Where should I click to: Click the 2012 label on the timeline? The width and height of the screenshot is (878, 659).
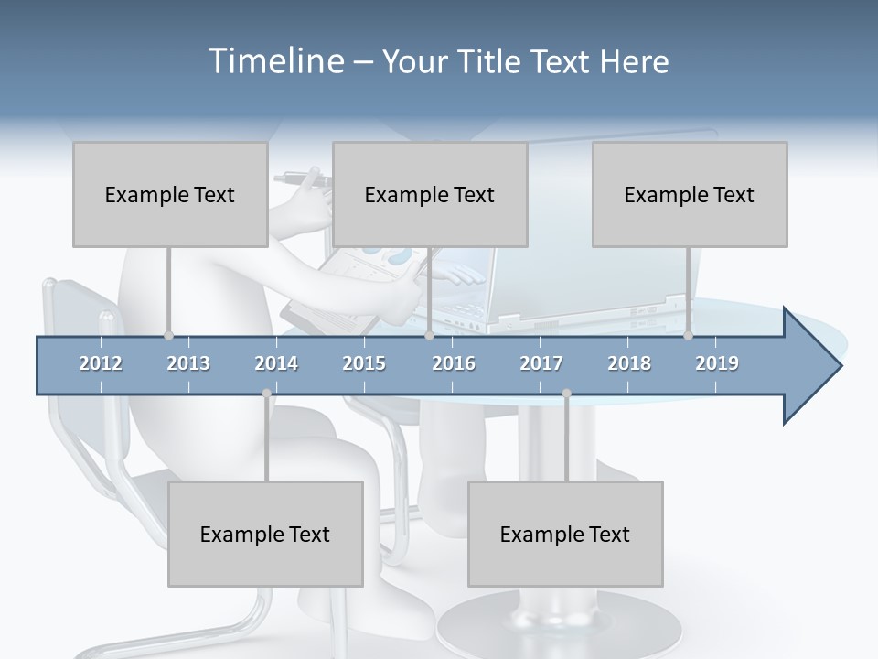pyautogui.click(x=101, y=363)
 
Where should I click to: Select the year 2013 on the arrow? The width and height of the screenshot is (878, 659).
pyautogui.click(x=188, y=363)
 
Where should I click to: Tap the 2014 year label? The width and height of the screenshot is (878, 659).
pyautogui.click(x=276, y=363)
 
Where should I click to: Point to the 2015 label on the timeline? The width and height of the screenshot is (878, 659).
pyautogui.click(x=364, y=363)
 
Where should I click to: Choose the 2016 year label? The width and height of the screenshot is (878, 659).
pyautogui.click(x=454, y=363)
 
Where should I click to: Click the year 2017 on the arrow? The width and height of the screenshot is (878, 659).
pyautogui.click(x=541, y=363)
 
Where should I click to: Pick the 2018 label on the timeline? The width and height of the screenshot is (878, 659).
pyautogui.click(x=629, y=363)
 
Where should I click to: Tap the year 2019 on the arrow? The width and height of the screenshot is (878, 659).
pyautogui.click(x=717, y=363)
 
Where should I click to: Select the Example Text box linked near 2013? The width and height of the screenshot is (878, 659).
pyautogui.click(x=170, y=194)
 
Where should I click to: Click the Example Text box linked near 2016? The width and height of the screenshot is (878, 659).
pyautogui.click(x=430, y=194)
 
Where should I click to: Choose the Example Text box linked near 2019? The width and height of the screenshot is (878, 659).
pyautogui.click(x=690, y=194)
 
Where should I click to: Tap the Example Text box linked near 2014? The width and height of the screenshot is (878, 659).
pyautogui.click(x=265, y=534)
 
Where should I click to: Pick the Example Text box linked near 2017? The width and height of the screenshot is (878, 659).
pyautogui.click(x=565, y=534)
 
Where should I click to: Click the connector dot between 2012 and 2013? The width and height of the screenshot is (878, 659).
pyautogui.click(x=168, y=336)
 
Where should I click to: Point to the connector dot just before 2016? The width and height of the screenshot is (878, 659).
pyautogui.click(x=429, y=336)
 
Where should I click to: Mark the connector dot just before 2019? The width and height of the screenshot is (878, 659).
pyautogui.click(x=688, y=336)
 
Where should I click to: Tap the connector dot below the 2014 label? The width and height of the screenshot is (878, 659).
pyautogui.click(x=266, y=394)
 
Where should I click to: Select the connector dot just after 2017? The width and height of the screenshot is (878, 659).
pyautogui.click(x=566, y=394)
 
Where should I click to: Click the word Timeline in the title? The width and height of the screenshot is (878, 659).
pyautogui.click(x=274, y=61)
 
